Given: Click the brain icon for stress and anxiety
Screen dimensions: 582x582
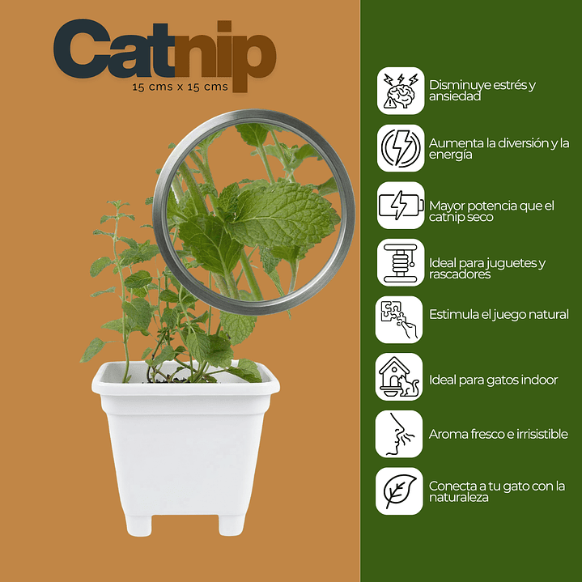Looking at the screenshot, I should click(400, 91).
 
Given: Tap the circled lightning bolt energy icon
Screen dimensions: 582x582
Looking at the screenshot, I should click(400, 148).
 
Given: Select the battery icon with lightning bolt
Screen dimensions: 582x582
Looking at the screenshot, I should click(400, 206).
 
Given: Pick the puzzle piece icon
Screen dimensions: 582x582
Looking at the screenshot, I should click(400, 320).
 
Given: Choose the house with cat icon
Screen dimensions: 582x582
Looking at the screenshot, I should click(400, 376).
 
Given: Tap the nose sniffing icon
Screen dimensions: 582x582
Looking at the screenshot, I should click(400, 434).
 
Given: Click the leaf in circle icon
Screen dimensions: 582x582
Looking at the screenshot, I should click(400, 491).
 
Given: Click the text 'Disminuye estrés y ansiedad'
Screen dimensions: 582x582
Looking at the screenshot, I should click(482, 90).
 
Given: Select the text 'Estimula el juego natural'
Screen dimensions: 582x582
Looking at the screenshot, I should click(499, 314).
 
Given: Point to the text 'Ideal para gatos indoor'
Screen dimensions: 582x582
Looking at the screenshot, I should click(493, 380).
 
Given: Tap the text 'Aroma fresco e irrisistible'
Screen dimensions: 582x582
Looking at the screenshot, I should click(498, 434).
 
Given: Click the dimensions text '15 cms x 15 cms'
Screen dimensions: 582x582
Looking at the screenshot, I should click(181, 86).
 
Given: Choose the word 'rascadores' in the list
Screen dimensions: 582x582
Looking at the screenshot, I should click(459, 274).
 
